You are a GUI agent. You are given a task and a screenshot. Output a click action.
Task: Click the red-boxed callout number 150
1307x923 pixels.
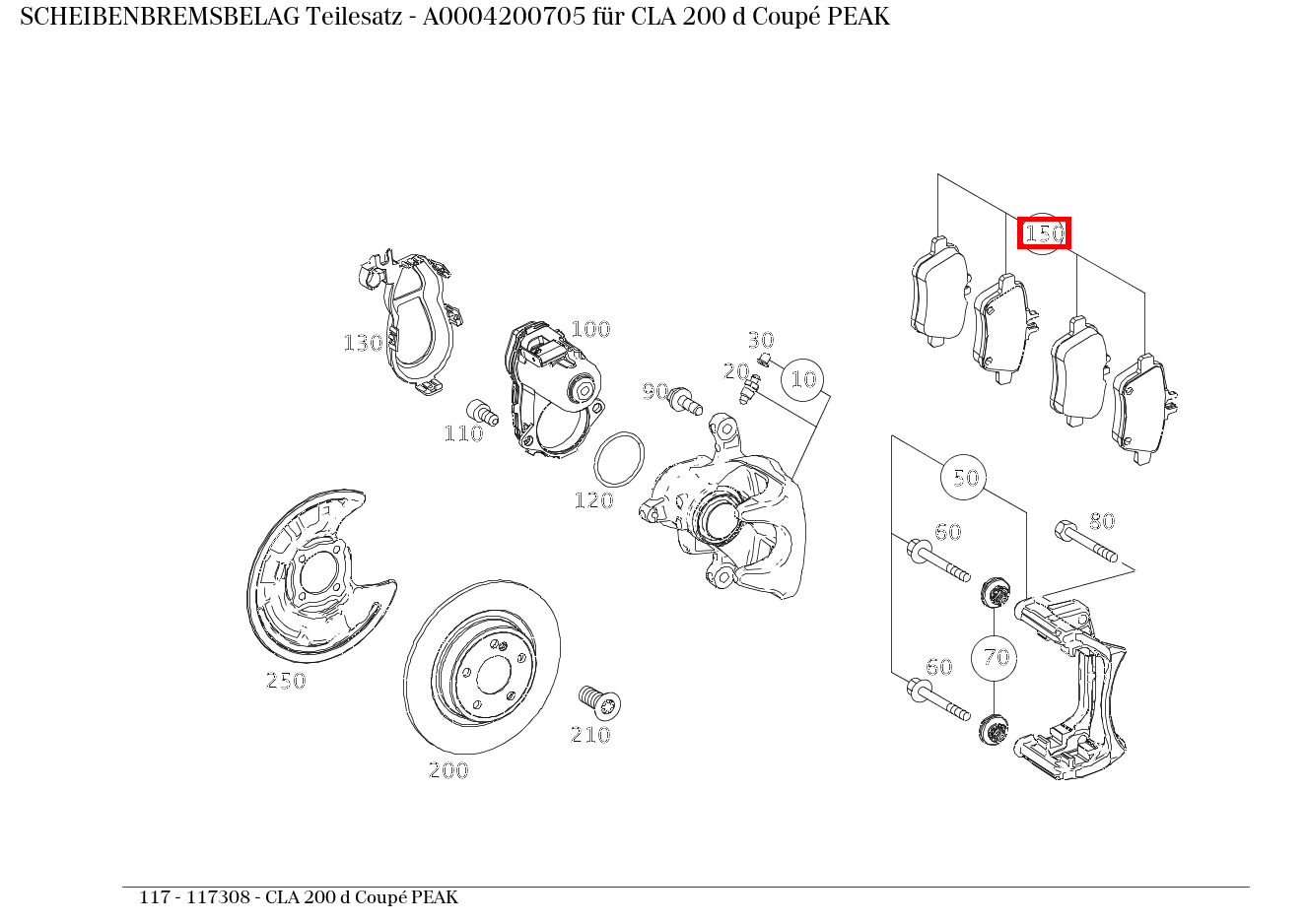(x=1044, y=234)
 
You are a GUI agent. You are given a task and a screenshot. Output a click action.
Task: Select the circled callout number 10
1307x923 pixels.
(x=803, y=379)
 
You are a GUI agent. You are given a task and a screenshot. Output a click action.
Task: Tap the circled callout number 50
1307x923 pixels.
(x=965, y=478)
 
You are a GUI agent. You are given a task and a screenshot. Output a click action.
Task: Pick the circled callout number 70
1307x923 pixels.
(x=996, y=657)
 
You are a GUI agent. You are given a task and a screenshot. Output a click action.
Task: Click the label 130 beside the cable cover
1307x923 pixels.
(x=363, y=343)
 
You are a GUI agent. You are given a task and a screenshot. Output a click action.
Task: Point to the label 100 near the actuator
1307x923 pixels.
(x=590, y=329)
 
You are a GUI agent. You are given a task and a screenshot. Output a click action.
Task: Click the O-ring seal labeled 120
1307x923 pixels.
(x=619, y=459)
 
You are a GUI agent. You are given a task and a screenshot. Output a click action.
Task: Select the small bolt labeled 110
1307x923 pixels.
(x=480, y=411)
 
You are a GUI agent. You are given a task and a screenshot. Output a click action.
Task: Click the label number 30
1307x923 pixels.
(x=760, y=341)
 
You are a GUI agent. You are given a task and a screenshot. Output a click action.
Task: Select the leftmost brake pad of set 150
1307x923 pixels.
(x=937, y=292)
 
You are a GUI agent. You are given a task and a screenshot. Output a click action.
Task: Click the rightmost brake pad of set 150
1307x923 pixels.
(x=1143, y=409)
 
